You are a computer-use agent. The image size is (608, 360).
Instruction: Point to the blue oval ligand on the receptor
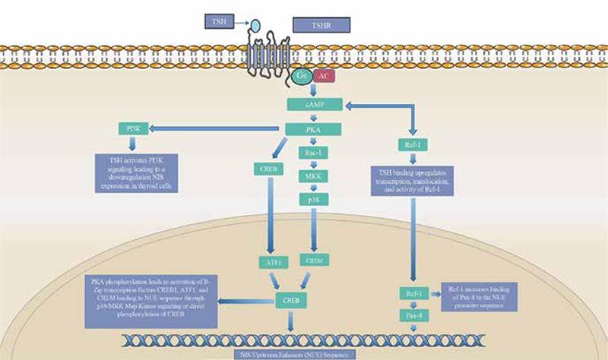pyautogui.click(x=257, y=27)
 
